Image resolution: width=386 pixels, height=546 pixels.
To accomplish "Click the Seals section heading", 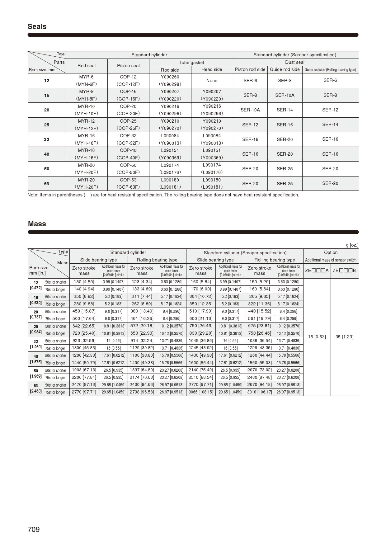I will [37, 26].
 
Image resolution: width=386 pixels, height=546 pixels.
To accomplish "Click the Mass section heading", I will [37, 224].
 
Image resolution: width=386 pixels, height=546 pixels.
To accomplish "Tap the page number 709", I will [34, 530].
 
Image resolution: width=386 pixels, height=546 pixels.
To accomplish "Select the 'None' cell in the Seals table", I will [212, 81].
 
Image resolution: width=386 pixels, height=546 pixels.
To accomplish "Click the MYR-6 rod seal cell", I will [86, 77].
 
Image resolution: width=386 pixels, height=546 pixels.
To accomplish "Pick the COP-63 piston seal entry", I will [128, 180].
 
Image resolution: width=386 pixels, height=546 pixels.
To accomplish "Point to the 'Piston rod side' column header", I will [250, 69].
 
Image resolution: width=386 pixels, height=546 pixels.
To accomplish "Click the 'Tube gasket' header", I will [191, 62].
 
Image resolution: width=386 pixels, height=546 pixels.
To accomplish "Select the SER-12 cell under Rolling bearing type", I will [330, 110].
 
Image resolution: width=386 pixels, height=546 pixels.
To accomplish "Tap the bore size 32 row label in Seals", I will [47, 139].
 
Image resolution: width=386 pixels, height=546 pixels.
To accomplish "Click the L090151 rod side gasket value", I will [170, 150].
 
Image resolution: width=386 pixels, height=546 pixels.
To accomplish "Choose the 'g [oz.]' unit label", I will [352, 245].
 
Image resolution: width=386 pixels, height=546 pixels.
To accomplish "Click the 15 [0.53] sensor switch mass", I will [317, 337].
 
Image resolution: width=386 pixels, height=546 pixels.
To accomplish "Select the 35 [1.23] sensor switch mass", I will [344, 337].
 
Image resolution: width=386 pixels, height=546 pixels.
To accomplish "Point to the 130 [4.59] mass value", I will [84, 282].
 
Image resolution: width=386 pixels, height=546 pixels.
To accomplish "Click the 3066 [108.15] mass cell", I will [201, 392].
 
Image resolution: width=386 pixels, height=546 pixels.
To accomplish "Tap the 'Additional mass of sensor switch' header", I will [331, 260].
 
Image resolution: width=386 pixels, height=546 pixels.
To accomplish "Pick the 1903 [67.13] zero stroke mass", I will [84, 370].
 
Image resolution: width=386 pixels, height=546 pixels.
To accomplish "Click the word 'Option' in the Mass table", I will [331, 252].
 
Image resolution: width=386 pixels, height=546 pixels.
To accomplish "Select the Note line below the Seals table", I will [163, 195].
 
